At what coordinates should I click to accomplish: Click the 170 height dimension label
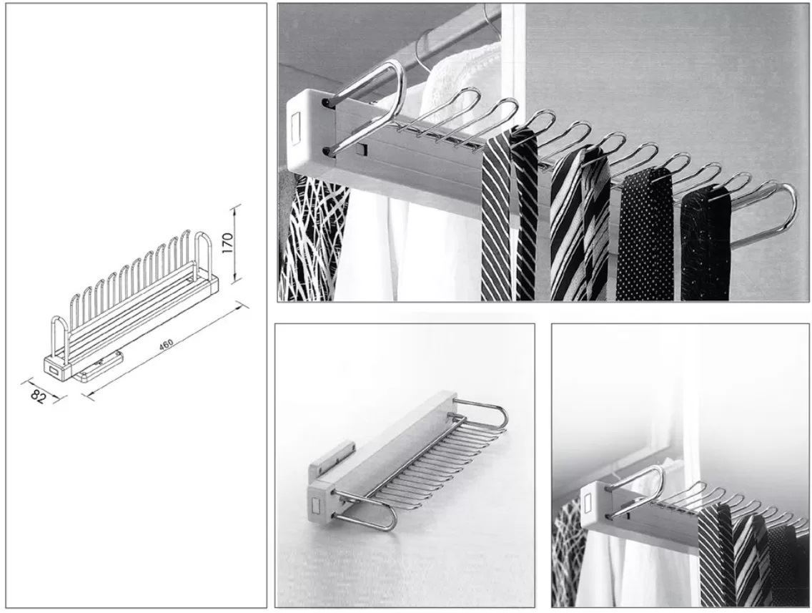[228, 243]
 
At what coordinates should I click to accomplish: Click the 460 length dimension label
[167, 345]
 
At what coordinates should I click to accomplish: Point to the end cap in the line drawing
[55, 367]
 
